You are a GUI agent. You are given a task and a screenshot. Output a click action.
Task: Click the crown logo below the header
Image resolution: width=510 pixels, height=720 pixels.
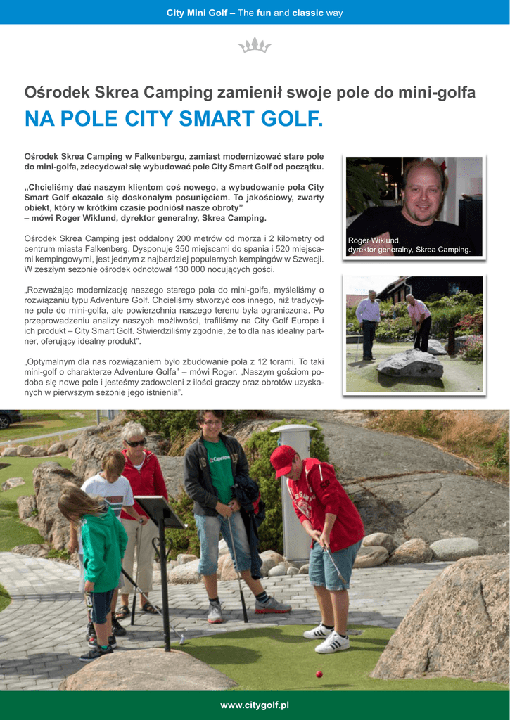click(255, 46)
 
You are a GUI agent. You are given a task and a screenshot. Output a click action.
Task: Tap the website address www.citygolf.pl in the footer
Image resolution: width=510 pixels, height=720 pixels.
click(255, 705)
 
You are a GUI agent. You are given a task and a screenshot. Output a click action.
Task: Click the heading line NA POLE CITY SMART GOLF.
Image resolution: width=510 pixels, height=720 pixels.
click(174, 119)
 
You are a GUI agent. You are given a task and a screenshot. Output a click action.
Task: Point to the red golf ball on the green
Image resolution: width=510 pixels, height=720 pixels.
click(319, 674)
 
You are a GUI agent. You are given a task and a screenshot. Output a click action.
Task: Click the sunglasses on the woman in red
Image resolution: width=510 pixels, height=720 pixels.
click(135, 443)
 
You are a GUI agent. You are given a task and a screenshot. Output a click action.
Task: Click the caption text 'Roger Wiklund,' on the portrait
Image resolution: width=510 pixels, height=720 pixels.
click(374, 240)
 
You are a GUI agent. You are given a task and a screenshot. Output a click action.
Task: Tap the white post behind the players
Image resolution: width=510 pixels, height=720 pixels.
click(295, 492)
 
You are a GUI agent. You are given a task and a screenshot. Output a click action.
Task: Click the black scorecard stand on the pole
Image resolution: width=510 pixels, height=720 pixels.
click(158, 511)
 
